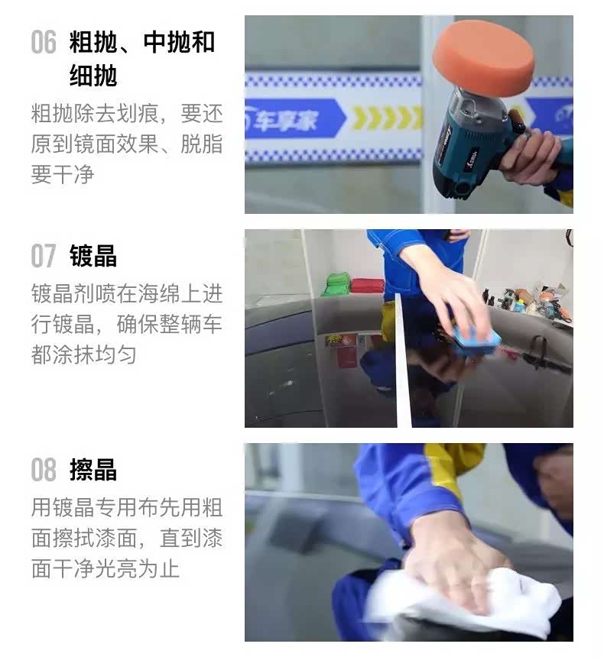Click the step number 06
tap(44, 42)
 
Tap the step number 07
tap(44, 255)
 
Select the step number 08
tap(44, 469)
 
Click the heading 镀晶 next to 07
tap(93, 256)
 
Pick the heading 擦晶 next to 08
tap(93, 469)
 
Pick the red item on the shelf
tap(367, 286)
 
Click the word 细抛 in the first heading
tap(93, 76)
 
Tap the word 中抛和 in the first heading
tap(179, 42)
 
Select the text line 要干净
tap(63, 174)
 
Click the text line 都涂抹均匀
tap(83, 354)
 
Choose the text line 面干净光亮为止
tap(106, 568)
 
